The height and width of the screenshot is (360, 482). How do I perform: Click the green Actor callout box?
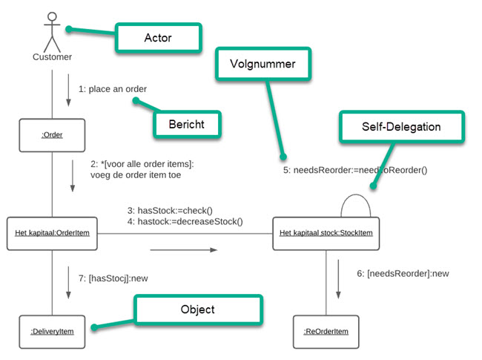pyautogui.click(x=158, y=37)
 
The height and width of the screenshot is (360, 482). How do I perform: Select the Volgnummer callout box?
pyautogui.click(x=263, y=64)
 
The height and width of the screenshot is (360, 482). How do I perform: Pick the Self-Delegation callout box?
pyautogui.click(x=401, y=127)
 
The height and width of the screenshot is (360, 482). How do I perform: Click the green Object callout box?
pyautogui.click(x=197, y=310)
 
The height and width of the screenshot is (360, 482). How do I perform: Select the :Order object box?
pyautogui.click(x=52, y=134)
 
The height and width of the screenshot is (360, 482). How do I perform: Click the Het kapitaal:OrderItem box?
pyautogui.click(x=52, y=233)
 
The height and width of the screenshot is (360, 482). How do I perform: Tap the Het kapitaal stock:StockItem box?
pyautogui.click(x=326, y=233)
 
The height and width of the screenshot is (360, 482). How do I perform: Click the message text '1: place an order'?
pyautogui.click(x=113, y=89)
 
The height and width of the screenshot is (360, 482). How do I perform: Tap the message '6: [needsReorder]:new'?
pyautogui.click(x=403, y=273)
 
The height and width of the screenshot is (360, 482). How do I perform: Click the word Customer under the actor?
pyautogui.click(x=52, y=56)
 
